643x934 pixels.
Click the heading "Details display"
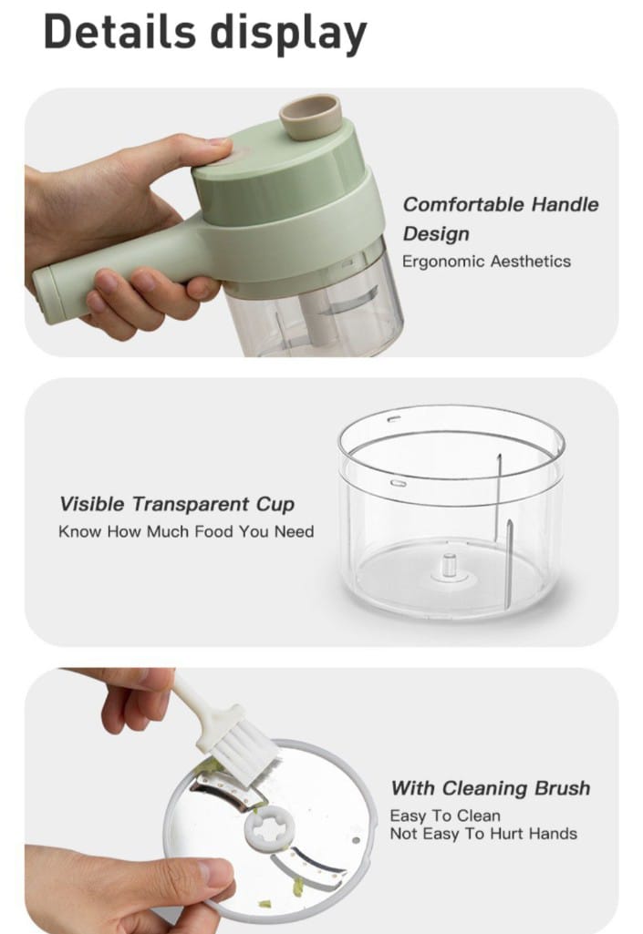205,32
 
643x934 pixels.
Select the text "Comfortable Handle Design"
500,219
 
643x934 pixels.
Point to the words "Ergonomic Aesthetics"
486,262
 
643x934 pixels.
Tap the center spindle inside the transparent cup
449,567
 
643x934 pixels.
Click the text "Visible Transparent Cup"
177,504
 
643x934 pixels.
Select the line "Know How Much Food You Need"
186,531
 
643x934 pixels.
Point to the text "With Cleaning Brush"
491,788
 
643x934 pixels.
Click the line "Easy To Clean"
445,816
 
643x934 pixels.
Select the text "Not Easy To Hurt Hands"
483,834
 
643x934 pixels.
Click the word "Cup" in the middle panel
275,505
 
